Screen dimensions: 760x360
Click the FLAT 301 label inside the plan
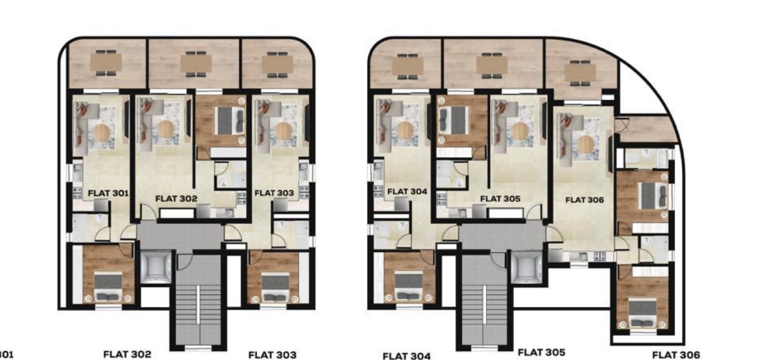click(x=108, y=193)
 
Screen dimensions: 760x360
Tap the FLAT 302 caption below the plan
click(x=127, y=354)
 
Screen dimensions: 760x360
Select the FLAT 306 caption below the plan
click(x=676, y=355)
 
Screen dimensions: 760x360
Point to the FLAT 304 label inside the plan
click(x=407, y=191)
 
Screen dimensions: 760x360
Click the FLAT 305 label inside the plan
click(x=500, y=199)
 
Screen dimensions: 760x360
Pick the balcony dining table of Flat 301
click(x=106, y=63)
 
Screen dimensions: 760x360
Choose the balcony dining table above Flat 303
click(x=277, y=64)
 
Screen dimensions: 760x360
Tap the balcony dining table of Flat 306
click(x=580, y=72)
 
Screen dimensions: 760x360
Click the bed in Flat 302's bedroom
click(x=229, y=121)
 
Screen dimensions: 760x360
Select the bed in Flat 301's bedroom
click(x=108, y=286)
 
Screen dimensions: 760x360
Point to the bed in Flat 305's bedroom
click(x=454, y=120)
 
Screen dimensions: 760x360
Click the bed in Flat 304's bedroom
click(x=408, y=286)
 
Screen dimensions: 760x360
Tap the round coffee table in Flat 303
click(x=283, y=131)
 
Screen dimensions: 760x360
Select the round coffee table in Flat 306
click(x=585, y=145)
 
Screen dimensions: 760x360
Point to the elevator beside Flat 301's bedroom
click(x=156, y=267)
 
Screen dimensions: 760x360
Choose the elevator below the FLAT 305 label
click(x=527, y=267)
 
